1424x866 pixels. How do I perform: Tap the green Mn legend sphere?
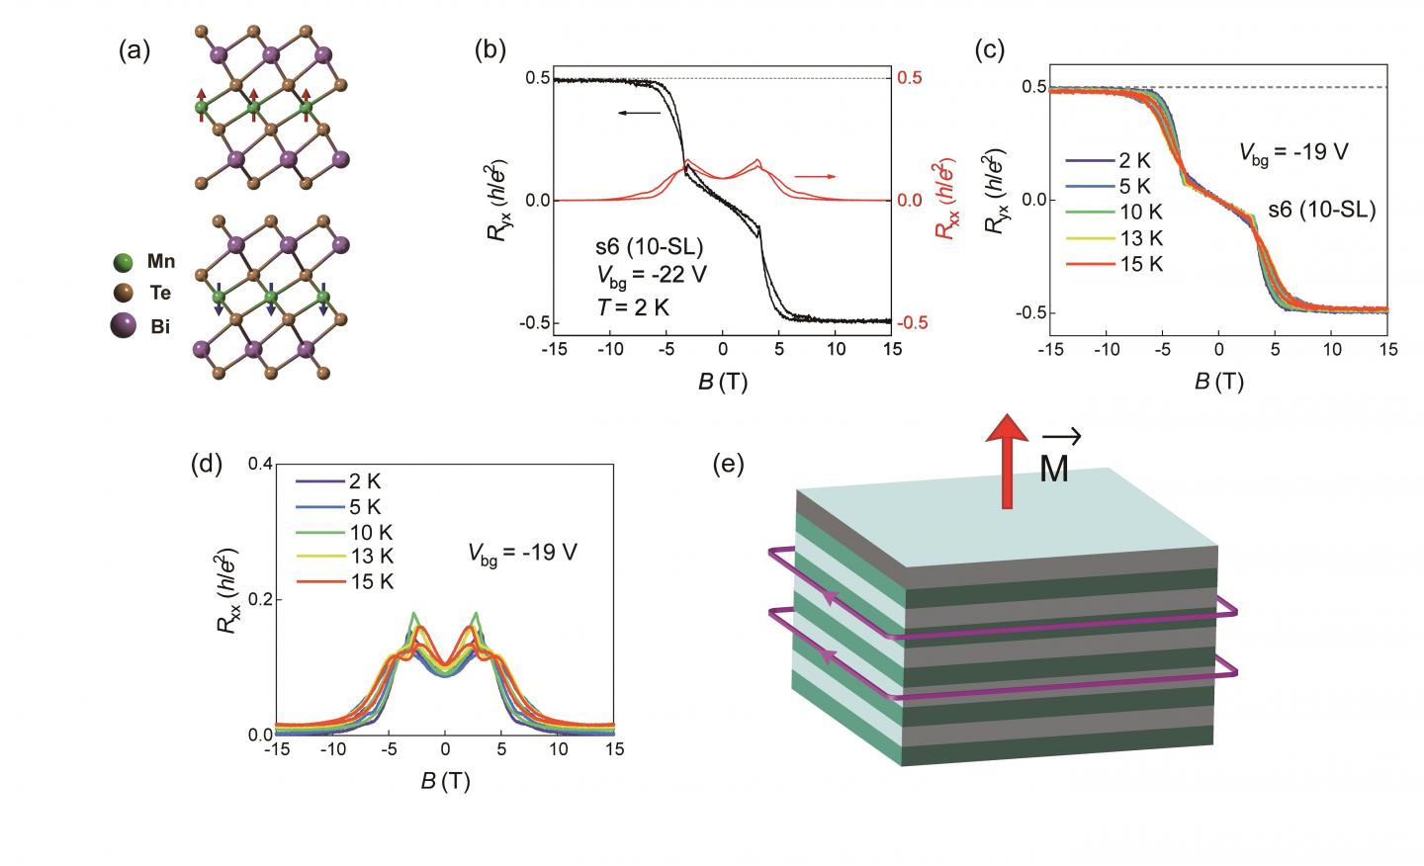tap(123, 263)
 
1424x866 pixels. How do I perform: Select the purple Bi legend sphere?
tap(123, 325)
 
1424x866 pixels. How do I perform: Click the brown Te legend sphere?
tap(123, 294)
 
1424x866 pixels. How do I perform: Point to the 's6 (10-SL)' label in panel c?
tap(1322, 210)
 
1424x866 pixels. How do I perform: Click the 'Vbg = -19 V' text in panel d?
tap(523, 552)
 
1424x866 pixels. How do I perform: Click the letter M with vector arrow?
tap(1054, 459)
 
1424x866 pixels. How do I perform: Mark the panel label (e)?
tap(728, 464)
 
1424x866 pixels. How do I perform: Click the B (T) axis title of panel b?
tap(723, 382)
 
